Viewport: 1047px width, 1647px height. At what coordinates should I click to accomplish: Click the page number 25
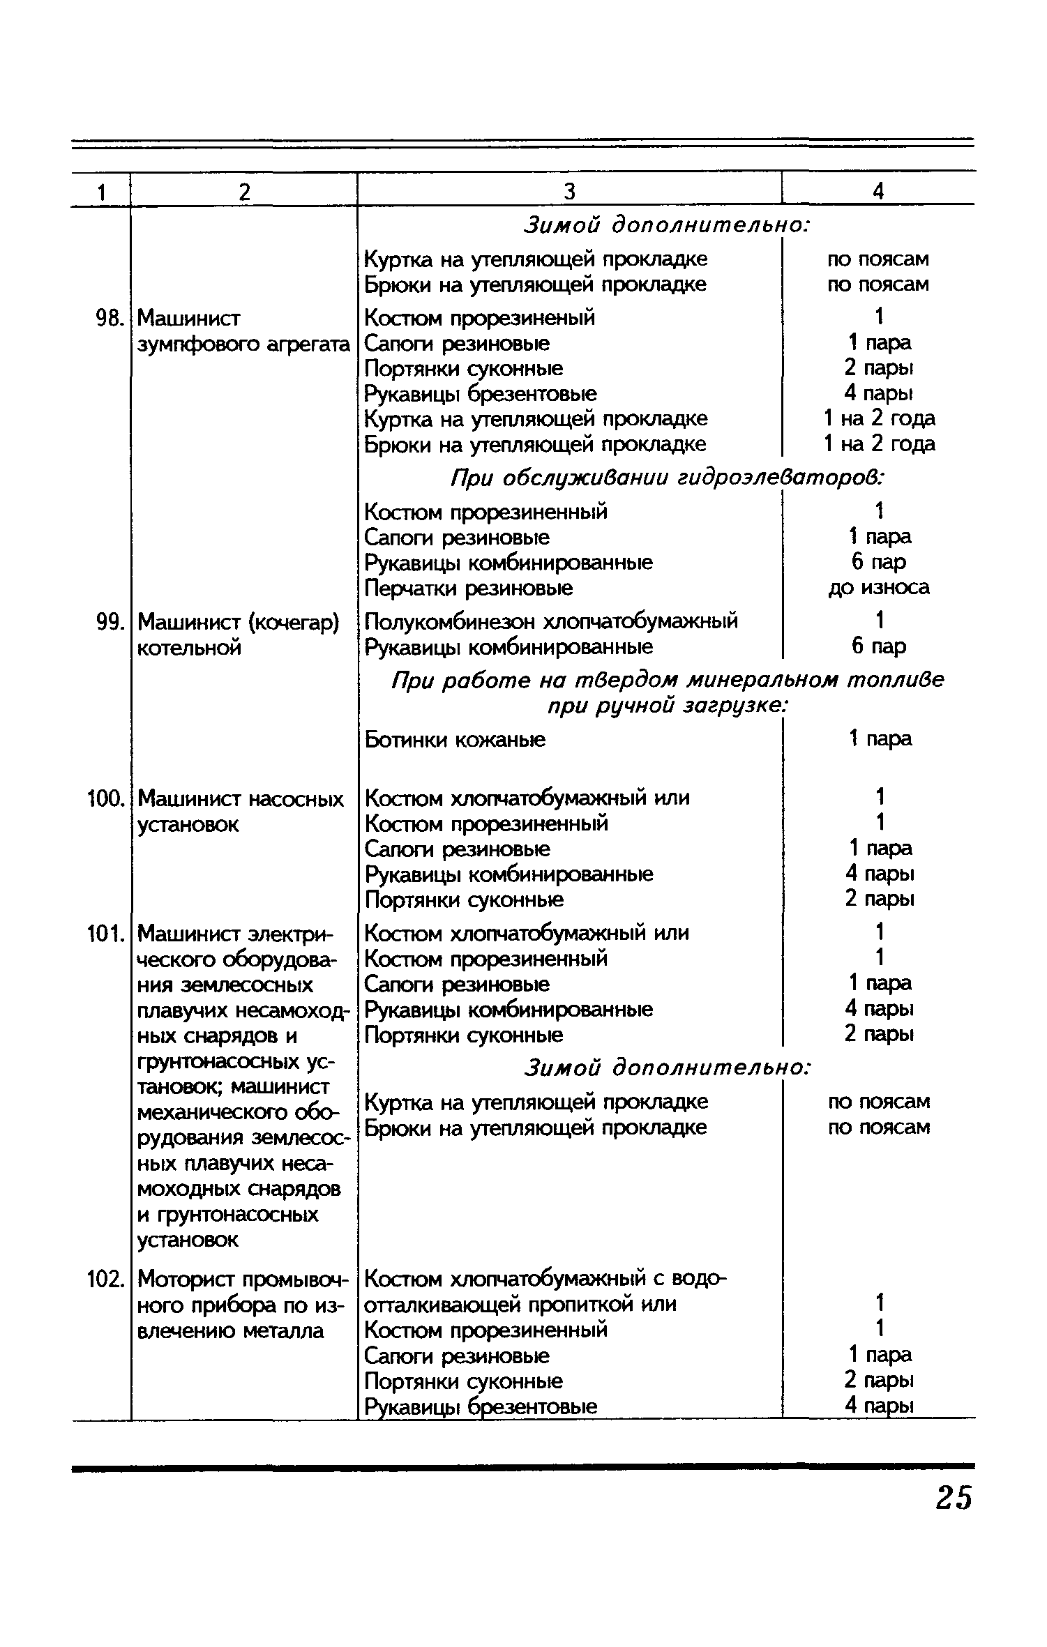point(954,1497)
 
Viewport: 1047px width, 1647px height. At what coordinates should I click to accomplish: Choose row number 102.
point(105,1279)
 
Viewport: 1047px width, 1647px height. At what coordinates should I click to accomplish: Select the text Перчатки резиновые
point(469,589)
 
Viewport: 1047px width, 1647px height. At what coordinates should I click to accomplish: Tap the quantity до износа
point(879,588)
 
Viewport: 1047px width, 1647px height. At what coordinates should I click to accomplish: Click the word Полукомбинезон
point(451,621)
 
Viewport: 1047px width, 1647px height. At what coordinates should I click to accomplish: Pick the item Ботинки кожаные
point(455,739)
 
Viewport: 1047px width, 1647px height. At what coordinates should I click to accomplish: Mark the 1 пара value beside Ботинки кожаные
point(880,738)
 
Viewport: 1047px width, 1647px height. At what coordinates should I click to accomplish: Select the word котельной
point(190,648)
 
